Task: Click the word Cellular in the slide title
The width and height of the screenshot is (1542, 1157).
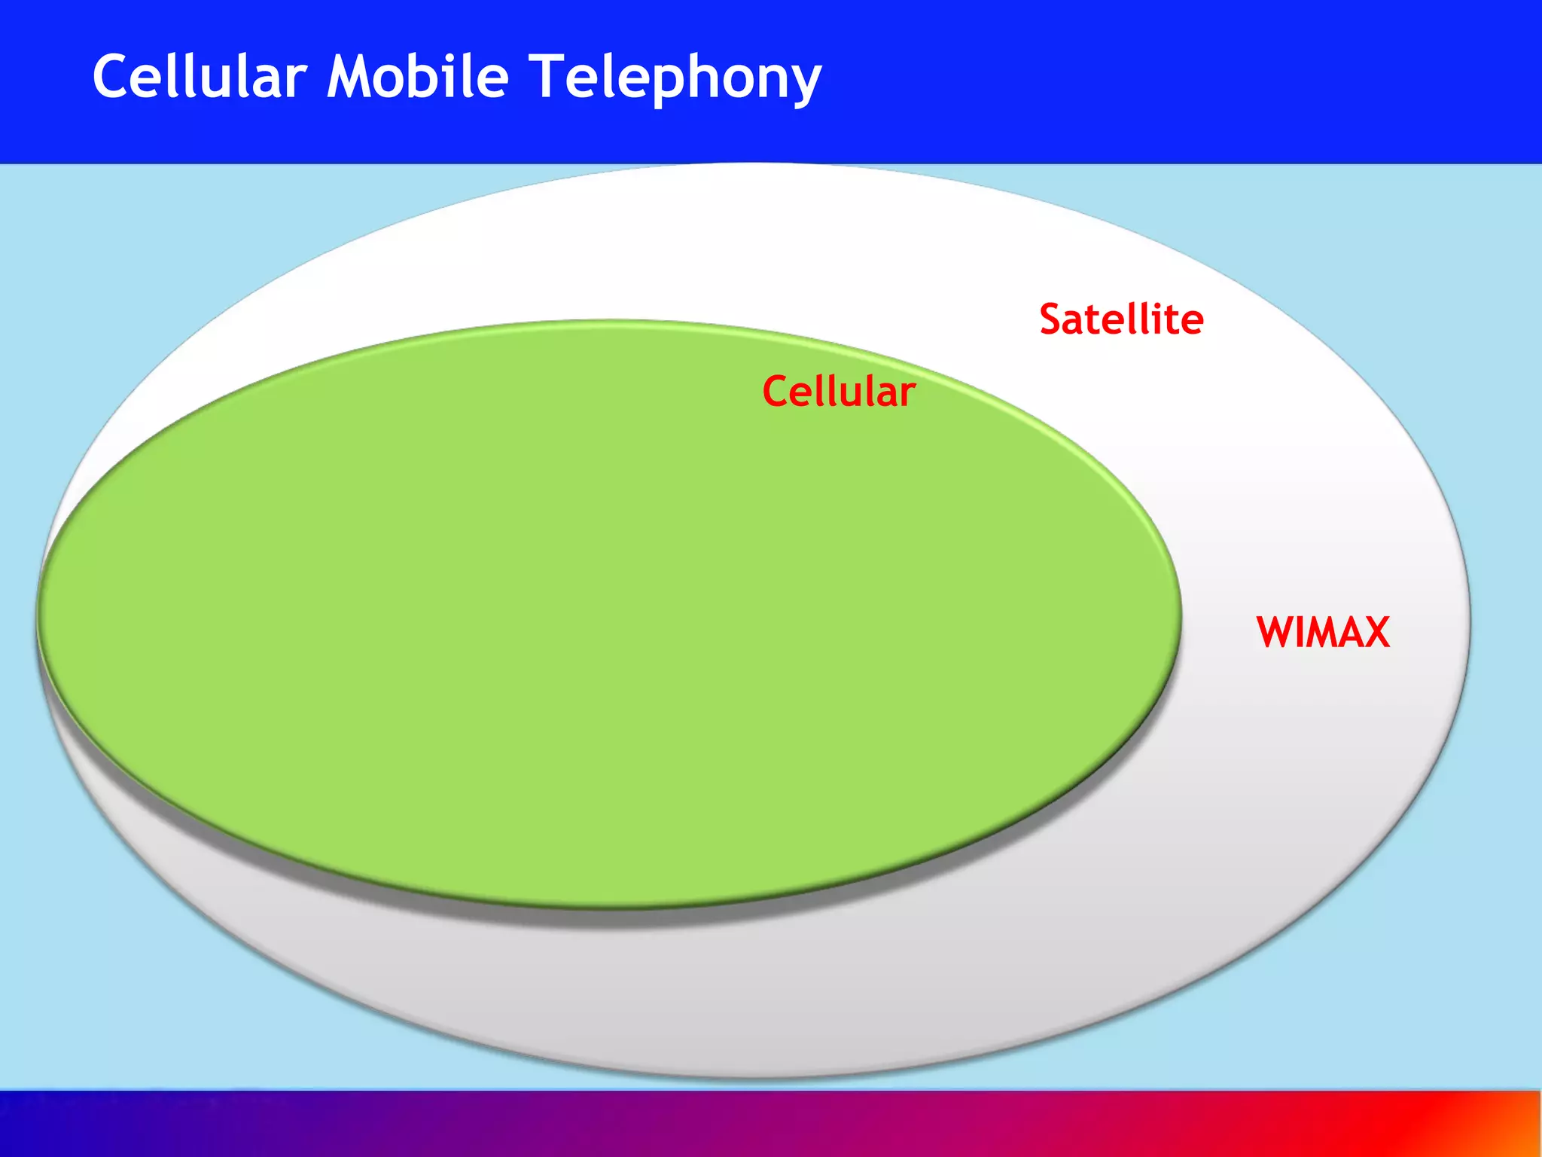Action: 200,77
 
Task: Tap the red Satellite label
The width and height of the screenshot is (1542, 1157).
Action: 1121,319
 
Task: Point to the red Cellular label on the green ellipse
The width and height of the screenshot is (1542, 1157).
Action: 839,392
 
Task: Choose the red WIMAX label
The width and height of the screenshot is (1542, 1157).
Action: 1323,632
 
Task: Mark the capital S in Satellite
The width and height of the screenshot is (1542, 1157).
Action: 1053,319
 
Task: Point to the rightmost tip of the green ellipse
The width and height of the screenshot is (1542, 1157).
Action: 1179,614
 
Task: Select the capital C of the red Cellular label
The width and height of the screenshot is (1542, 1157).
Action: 776,392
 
